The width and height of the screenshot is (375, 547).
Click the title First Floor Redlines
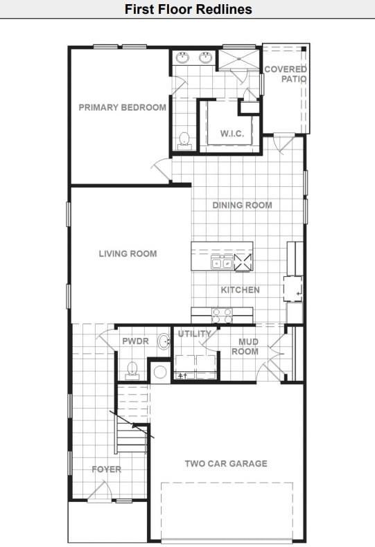(188, 9)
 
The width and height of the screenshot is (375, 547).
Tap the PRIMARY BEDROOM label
(122, 107)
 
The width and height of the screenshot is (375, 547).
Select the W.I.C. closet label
(232, 133)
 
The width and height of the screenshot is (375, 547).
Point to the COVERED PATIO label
(286, 74)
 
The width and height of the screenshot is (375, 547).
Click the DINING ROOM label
(242, 205)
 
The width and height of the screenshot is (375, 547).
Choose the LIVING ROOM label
(128, 253)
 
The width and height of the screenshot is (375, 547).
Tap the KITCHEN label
(240, 289)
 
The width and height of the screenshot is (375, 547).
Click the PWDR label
(135, 341)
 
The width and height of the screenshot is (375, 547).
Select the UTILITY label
(195, 334)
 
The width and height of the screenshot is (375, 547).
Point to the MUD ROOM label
(248, 346)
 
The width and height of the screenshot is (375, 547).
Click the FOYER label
(107, 469)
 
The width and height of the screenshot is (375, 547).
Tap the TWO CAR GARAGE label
(225, 463)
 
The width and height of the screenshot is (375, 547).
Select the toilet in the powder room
(132, 370)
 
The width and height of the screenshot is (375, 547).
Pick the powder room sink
(164, 341)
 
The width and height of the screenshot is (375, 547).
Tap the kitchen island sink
(222, 262)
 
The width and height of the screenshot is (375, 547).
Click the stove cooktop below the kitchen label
(222, 315)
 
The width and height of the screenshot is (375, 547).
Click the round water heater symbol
(160, 372)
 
